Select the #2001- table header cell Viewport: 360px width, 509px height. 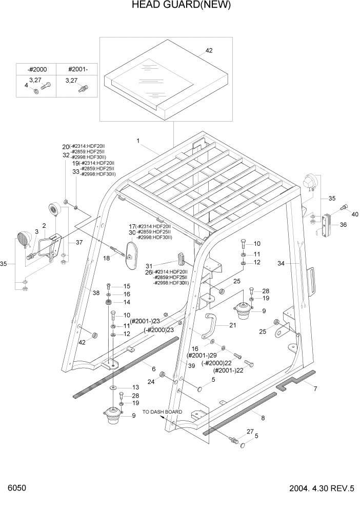pyautogui.click(x=78, y=69)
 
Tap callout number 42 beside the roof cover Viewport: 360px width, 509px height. pyautogui.click(x=209, y=51)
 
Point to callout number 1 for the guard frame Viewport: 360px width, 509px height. pyautogui.click(x=138, y=140)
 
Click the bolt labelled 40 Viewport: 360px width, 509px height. pyautogui.click(x=344, y=207)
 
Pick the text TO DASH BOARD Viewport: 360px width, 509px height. pyautogui.click(x=163, y=412)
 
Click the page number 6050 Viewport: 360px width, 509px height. pyautogui.click(x=16, y=488)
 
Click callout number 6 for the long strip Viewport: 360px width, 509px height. pyautogui.click(x=153, y=369)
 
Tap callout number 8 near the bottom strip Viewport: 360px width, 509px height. pyautogui.click(x=263, y=418)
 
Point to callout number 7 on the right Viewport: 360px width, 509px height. pyautogui.click(x=315, y=388)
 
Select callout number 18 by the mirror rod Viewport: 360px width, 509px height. pyautogui.click(x=107, y=258)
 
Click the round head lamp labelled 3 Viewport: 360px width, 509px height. pyautogui.click(x=24, y=240)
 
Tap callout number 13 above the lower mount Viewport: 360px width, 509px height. pyautogui.click(x=135, y=387)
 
